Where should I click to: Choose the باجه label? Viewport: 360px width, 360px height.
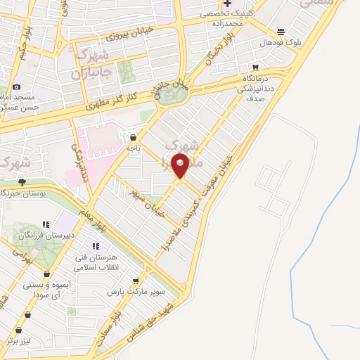[134, 148]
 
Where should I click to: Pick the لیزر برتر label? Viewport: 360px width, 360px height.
[20, 340]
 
